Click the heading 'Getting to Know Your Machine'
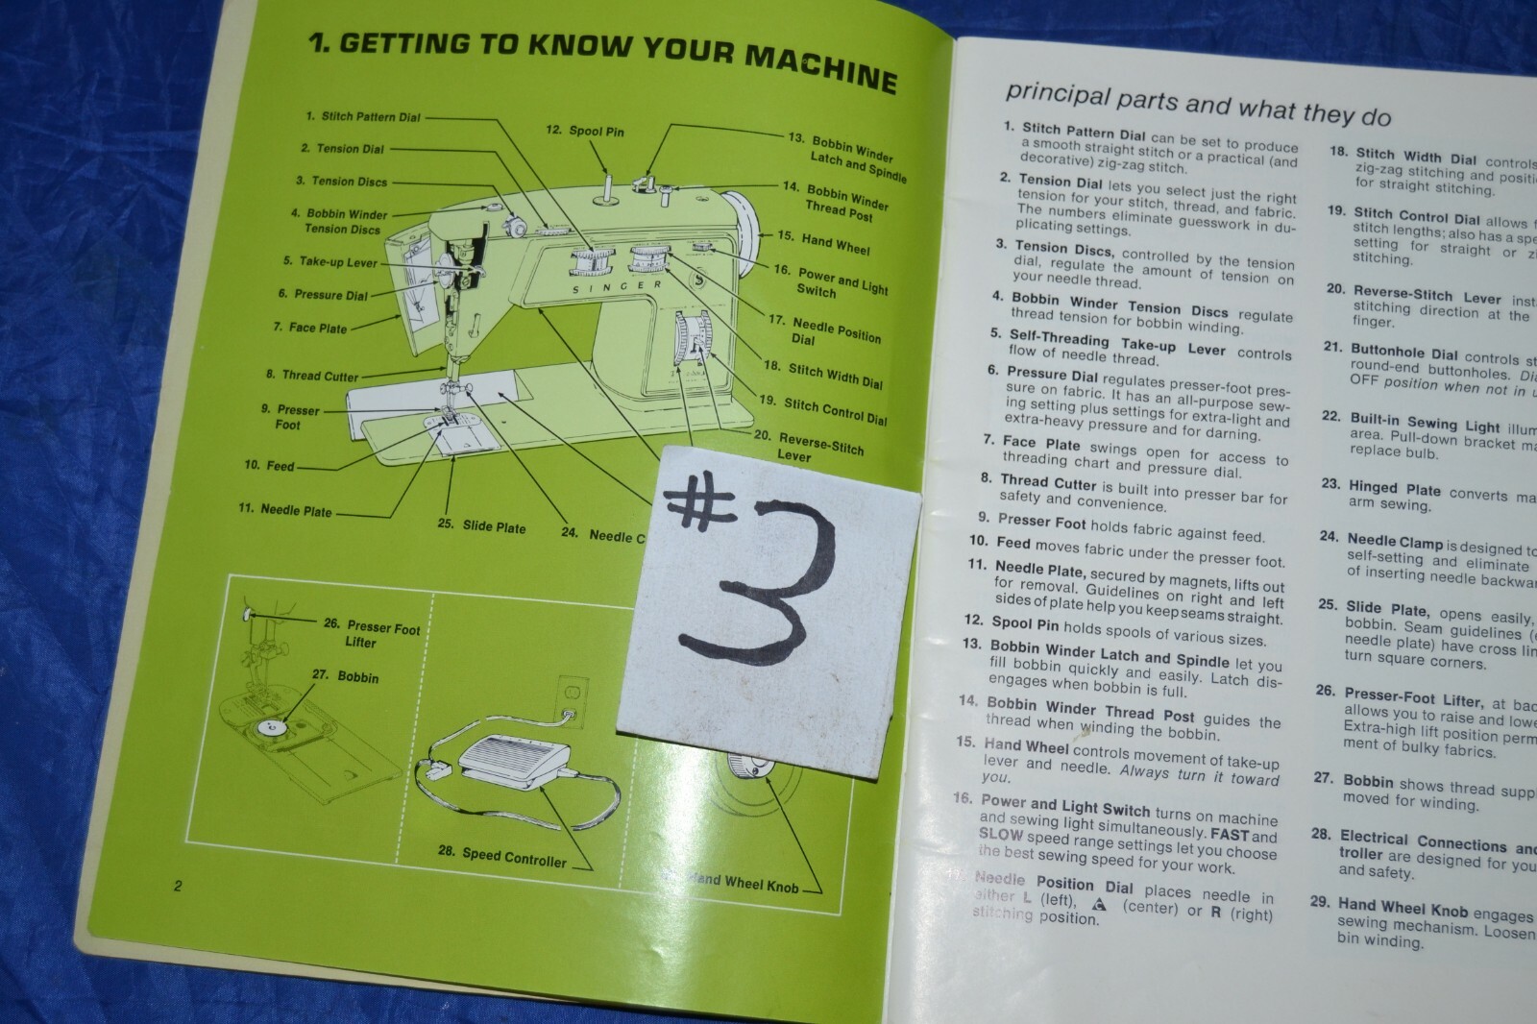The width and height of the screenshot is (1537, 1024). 602,60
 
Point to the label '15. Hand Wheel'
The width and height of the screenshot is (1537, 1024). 822,241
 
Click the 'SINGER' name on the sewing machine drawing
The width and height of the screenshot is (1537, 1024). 617,287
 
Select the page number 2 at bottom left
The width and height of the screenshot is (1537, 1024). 178,886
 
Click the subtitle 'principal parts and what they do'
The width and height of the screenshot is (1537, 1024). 1197,105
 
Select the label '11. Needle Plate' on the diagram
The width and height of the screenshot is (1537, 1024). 284,509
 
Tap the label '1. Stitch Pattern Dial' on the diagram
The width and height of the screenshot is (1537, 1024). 362,117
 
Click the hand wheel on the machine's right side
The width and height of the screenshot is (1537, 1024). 747,227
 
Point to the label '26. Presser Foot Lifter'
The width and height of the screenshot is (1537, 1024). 372,634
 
